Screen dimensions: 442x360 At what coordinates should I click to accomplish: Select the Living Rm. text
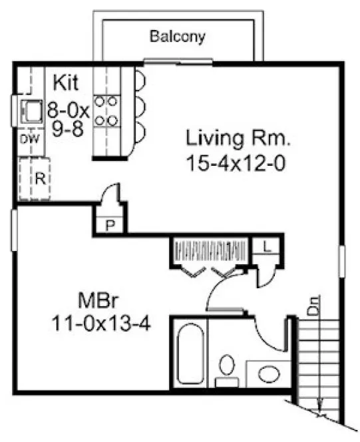[238, 140]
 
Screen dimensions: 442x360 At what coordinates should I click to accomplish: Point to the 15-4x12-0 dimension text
[238, 162]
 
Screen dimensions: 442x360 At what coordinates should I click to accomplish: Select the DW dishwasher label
[27, 138]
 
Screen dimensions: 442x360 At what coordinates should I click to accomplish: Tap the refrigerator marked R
[38, 178]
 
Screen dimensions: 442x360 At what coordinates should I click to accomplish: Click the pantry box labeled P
[109, 225]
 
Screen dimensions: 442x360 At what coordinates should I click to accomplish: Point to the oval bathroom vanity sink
[270, 373]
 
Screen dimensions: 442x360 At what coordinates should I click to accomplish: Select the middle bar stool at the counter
[142, 105]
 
